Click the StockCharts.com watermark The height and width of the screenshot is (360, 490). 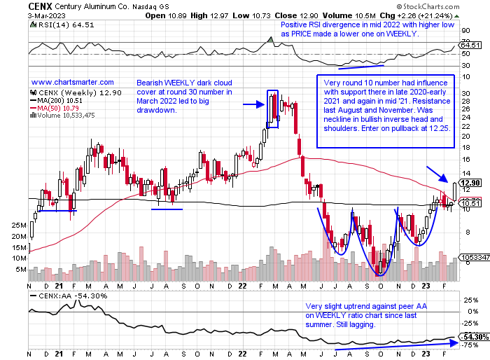[x=449, y=7]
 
